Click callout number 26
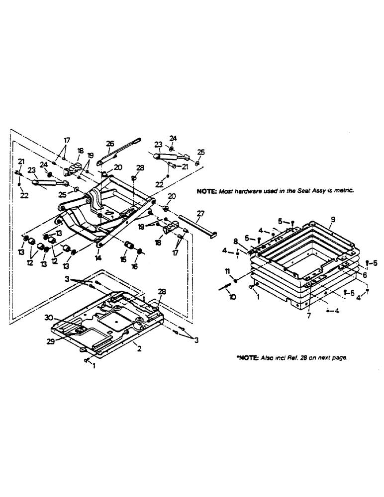click(110, 144)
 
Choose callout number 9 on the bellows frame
click(333, 219)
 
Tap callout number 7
click(309, 315)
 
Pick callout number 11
click(228, 271)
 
